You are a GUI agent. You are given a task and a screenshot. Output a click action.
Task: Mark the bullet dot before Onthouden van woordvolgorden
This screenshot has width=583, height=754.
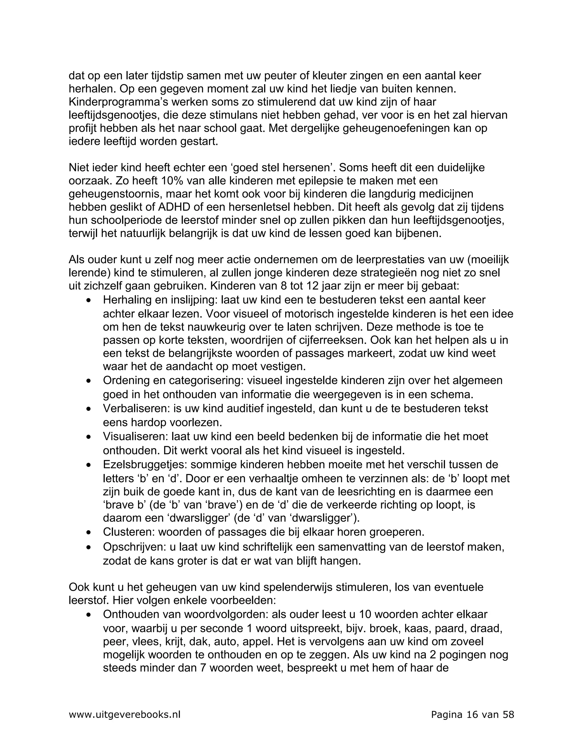coord(89,615)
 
